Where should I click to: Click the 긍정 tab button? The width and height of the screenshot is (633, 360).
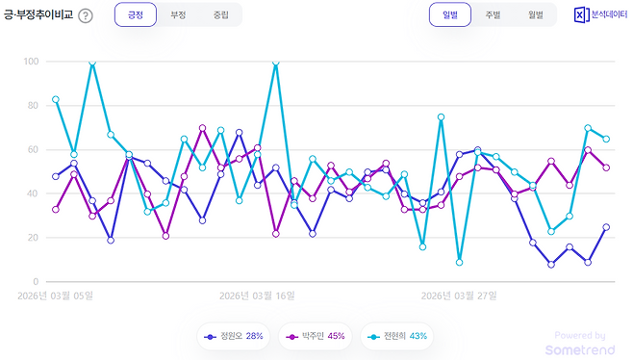click(x=135, y=15)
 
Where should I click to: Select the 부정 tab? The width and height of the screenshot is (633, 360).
click(x=178, y=15)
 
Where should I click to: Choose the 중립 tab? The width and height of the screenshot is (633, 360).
click(x=221, y=15)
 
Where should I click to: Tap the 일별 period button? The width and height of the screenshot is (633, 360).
click(x=450, y=15)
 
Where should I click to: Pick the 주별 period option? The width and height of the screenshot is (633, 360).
click(x=493, y=15)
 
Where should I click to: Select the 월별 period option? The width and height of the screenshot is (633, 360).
click(x=535, y=15)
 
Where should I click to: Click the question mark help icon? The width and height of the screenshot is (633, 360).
click(x=86, y=16)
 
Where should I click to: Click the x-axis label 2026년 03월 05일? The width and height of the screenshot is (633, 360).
click(x=55, y=296)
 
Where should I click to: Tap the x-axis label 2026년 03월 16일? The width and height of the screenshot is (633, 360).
click(x=257, y=296)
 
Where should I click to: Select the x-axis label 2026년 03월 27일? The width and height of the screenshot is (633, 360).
click(x=459, y=296)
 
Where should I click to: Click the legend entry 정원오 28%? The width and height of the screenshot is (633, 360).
click(x=234, y=336)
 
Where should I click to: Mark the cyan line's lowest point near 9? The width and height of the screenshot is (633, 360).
click(x=460, y=262)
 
